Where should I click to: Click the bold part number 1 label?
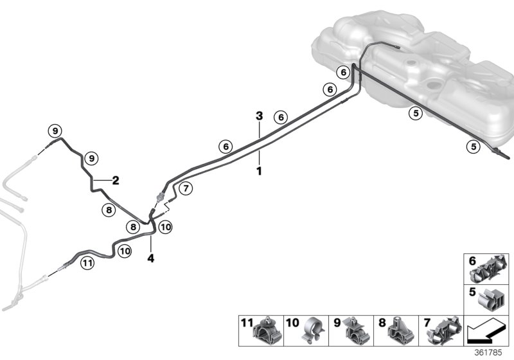point(259,172)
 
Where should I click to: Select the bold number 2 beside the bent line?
point(116,181)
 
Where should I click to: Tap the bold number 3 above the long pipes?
point(259,116)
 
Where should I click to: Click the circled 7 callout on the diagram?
point(185,188)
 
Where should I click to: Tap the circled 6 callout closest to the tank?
point(344,72)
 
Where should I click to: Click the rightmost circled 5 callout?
point(473,146)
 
